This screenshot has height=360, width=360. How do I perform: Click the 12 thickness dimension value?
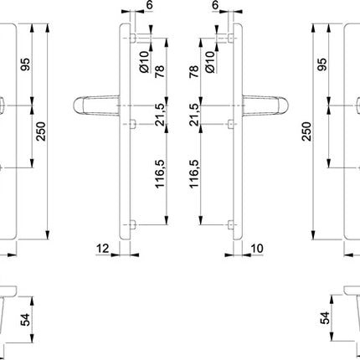pyautogui.click(x=102, y=249)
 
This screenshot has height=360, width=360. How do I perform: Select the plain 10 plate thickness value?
pyautogui.click(x=256, y=249)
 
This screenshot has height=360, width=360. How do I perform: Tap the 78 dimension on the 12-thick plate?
pyautogui.click(x=160, y=75)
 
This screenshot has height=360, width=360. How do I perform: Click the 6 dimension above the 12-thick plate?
pyautogui.click(x=150, y=7)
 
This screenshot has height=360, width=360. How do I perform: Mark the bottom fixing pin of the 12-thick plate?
pyautogui.click(x=132, y=224)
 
